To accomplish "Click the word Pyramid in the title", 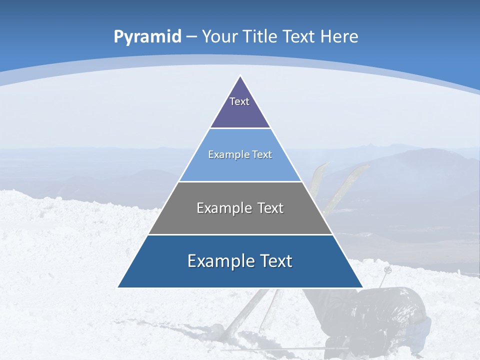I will tap(147, 37).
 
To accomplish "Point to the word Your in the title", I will tap(220, 37).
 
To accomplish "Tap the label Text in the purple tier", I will tap(239, 101).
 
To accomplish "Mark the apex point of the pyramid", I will tap(240, 76).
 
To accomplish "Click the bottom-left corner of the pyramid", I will tap(118, 287).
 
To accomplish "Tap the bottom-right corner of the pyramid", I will tap(362, 287).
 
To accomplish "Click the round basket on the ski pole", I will tap(387, 270).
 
